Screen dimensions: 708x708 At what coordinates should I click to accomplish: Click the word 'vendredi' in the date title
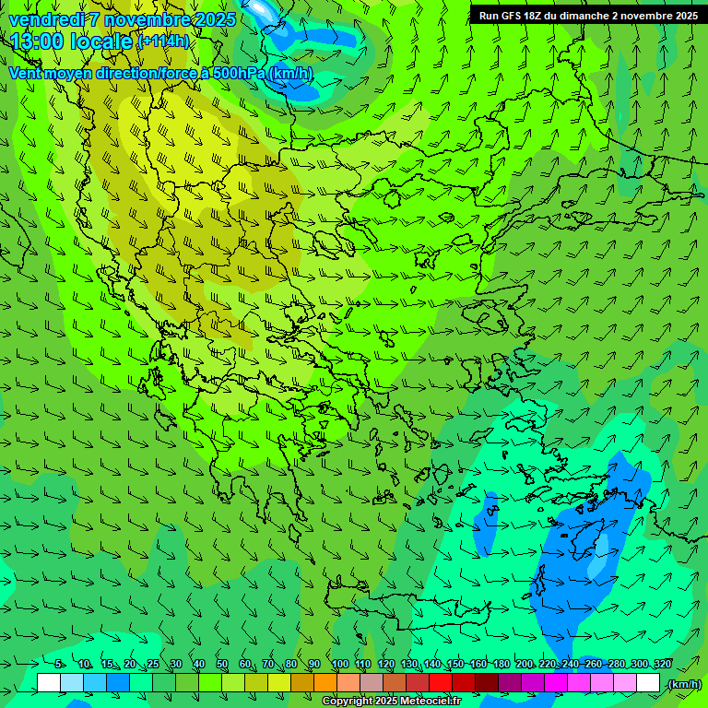(x=46, y=19)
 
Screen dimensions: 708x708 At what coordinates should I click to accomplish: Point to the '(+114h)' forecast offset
(x=164, y=41)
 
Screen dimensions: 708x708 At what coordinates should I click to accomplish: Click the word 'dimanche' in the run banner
(x=596, y=16)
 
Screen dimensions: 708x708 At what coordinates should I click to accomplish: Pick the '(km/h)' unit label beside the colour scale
(x=683, y=684)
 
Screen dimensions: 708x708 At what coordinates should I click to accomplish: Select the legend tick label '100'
(x=339, y=665)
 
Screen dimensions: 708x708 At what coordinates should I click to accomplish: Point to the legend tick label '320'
(x=663, y=665)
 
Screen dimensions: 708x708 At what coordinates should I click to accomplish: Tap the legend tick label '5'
(x=58, y=665)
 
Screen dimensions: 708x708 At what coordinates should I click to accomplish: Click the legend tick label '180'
(x=501, y=665)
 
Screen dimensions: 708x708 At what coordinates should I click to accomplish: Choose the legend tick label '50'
(x=222, y=665)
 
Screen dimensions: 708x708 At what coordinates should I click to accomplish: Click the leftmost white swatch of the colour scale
(x=49, y=683)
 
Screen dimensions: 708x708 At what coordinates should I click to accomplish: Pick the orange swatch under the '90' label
(x=325, y=683)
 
